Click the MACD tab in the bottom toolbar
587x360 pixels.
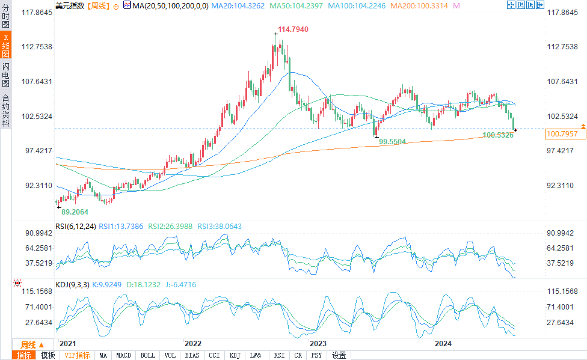point(123,355)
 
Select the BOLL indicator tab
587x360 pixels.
point(147,355)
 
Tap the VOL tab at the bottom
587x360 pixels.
point(170,355)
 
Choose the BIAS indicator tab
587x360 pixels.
point(192,355)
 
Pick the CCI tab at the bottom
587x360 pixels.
point(214,355)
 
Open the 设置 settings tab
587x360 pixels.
point(339,355)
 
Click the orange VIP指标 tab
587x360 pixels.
point(77,355)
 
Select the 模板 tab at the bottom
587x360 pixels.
point(48,355)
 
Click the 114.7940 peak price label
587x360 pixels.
point(293,29)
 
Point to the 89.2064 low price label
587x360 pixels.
point(75,212)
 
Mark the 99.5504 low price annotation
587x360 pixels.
point(393,141)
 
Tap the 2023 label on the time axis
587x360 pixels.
point(318,344)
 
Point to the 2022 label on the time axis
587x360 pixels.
point(193,344)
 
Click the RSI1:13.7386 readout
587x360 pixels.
point(121,226)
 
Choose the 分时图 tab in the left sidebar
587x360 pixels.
point(6,20)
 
